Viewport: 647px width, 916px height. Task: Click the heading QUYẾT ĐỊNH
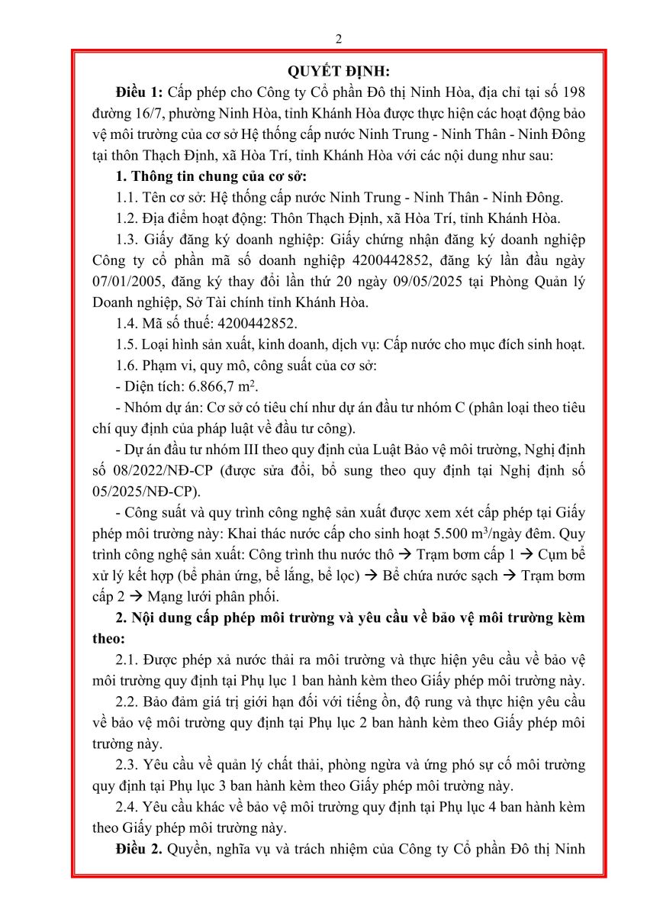339,72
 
